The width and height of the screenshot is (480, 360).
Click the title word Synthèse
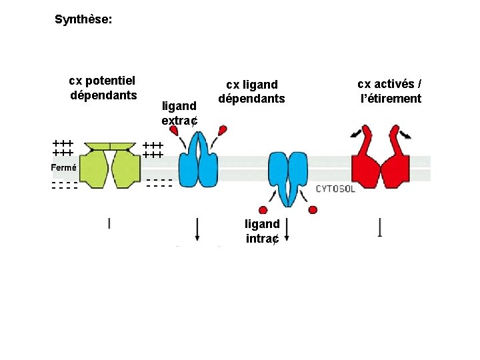[x=83, y=20]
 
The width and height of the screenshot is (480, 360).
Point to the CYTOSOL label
[x=335, y=189]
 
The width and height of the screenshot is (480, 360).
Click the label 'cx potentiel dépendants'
[x=103, y=88]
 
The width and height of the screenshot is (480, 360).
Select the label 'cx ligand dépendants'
[x=251, y=92]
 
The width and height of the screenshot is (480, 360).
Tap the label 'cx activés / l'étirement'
[x=390, y=91]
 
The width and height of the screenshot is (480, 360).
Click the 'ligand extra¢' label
[x=179, y=113]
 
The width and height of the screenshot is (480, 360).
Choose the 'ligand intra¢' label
[x=262, y=231]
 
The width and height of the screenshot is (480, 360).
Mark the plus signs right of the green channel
[x=153, y=150]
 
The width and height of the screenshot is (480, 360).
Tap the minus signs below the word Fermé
[x=64, y=185]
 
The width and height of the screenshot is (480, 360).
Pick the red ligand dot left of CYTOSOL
[x=313, y=210]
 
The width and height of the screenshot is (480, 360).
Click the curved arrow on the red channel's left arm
[x=357, y=133]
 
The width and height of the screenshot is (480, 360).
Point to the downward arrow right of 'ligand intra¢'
[x=287, y=229]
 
